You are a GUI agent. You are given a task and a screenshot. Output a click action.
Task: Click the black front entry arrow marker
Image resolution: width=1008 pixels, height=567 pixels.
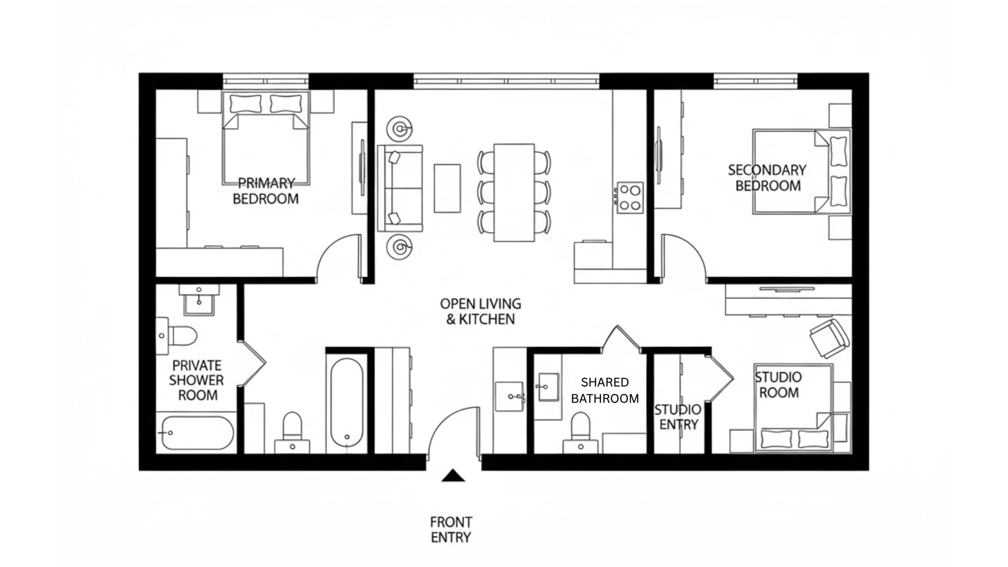pos(453,476)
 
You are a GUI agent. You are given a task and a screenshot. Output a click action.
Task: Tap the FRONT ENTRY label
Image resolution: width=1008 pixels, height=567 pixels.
pos(451,529)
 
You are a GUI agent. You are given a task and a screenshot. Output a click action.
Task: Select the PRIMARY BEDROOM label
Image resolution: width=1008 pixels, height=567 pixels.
pos(266,191)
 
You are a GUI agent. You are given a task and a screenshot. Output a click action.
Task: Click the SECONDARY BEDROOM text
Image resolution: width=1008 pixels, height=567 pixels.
pos(768,178)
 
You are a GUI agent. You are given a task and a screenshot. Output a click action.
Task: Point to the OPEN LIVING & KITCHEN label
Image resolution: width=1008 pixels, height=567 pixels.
pos(480,311)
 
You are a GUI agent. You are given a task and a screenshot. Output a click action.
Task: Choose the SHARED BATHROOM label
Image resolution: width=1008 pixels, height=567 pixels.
pos(605,390)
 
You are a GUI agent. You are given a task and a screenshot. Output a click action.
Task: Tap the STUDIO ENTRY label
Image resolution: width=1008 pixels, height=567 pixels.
pos(678,417)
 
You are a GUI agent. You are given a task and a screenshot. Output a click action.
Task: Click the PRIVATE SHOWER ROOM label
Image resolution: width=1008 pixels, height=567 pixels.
pos(197,380)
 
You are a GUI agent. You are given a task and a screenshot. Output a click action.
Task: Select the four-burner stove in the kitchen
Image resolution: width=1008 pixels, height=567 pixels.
pos(630,197)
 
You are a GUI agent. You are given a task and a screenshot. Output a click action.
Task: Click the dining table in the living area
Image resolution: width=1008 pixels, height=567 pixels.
pos(514,193)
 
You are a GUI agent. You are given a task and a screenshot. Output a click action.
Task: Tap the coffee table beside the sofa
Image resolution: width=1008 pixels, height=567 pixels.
pos(447,188)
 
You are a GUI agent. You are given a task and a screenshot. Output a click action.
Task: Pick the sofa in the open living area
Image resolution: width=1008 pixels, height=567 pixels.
pos(400,188)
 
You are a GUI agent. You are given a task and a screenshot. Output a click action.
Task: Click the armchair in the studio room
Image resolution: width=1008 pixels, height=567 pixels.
pos(829,339)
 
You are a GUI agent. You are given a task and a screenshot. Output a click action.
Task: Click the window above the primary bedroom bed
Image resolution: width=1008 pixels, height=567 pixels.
pos(266,81)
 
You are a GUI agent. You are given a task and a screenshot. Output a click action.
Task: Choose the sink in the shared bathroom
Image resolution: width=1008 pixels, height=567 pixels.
pos(549,387)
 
